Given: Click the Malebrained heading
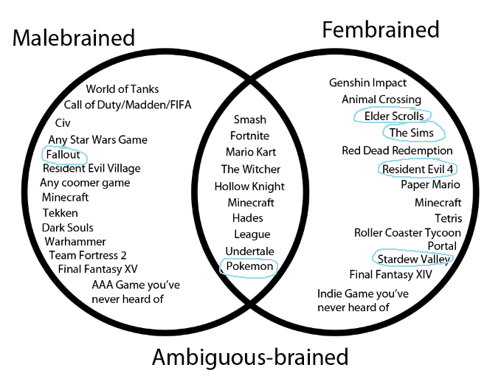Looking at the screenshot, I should [x=74, y=38].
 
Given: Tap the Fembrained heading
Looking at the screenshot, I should [x=380, y=29].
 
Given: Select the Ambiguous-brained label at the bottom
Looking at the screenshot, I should [x=249, y=358].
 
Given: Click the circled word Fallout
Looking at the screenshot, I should [x=64, y=155].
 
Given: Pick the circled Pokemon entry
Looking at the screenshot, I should [x=249, y=267].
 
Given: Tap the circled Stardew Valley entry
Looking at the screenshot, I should [x=414, y=260].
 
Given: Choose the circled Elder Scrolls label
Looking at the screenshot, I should [x=394, y=116].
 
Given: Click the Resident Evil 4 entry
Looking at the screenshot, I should [x=417, y=169].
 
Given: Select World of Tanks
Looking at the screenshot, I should [x=122, y=89].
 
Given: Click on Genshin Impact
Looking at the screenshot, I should [x=367, y=83].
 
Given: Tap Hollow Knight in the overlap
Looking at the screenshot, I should [x=249, y=187].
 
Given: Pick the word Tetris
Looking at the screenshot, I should [x=448, y=218].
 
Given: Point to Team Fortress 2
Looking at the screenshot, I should [x=88, y=255].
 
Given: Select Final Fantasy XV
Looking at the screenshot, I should [x=97, y=268].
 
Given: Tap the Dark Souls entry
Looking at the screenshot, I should [x=67, y=228].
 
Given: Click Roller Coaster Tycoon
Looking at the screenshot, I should [x=407, y=233].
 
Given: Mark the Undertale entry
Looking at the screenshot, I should [x=249, y=251].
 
